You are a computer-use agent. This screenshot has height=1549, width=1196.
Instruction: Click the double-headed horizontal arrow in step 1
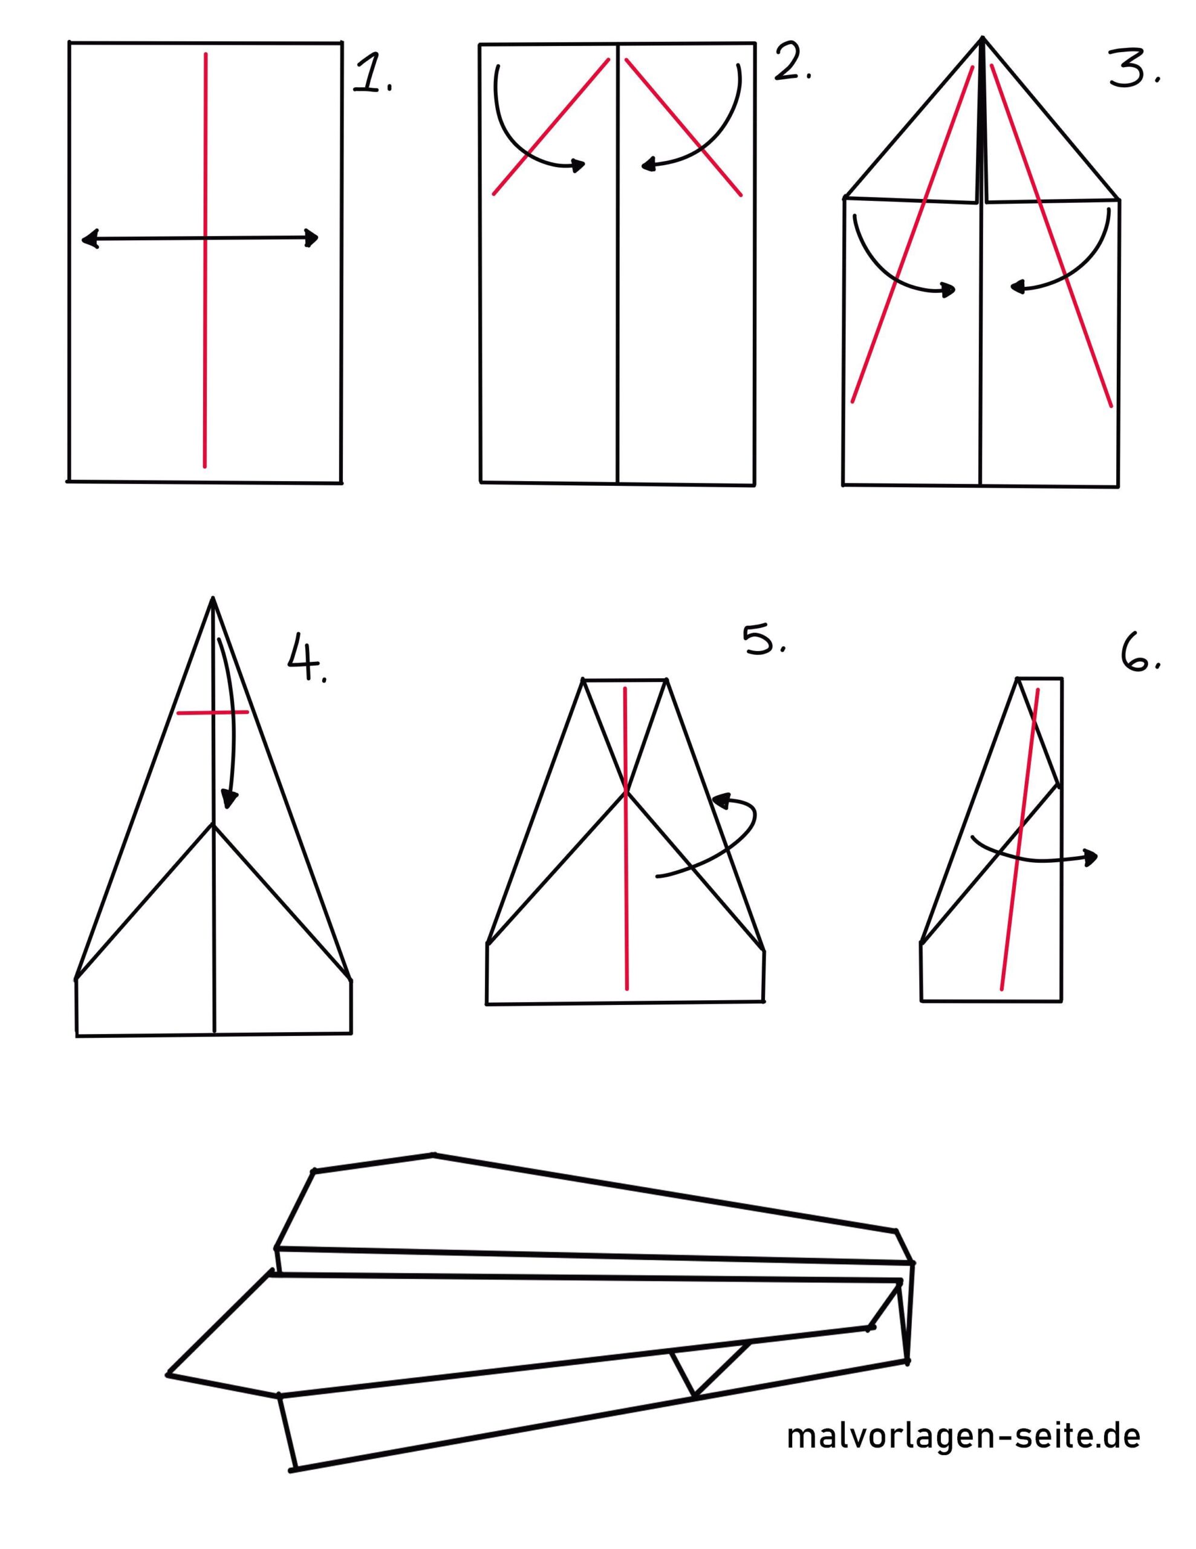click(200, 239)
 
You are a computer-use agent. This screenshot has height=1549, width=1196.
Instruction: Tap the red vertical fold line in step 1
click(206, 260)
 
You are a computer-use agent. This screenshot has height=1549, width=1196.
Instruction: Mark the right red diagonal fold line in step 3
click(1051, 236)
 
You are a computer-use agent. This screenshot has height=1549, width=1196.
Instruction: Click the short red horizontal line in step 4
click(213, 712)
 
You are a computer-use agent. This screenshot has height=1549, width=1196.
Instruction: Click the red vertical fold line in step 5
click(625, 838)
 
